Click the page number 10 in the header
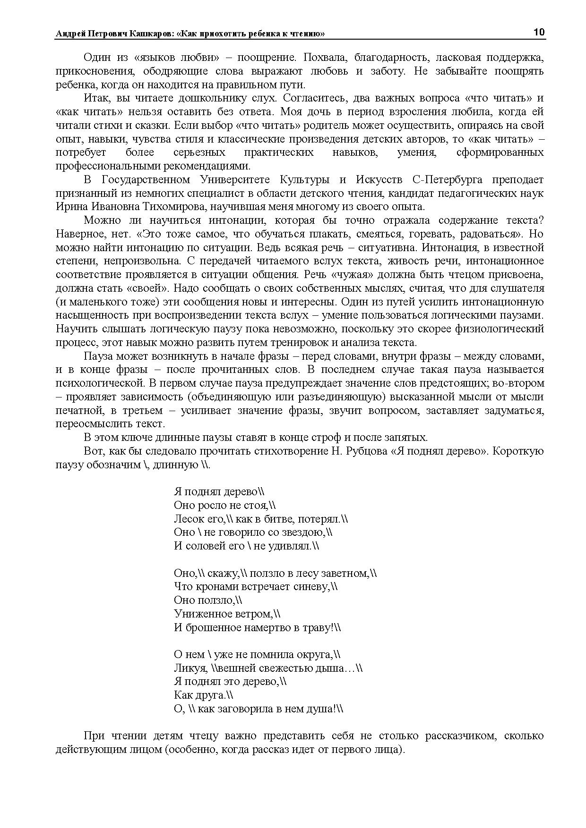(x=539, y=32)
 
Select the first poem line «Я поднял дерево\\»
(x=219, y=491)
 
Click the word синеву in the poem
(x=309, y=587)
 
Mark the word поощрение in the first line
(x=266, y=58)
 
